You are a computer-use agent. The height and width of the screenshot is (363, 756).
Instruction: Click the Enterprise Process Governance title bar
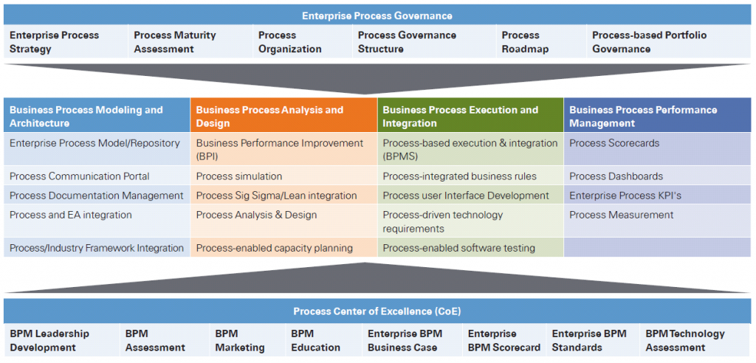(x=377, y=15)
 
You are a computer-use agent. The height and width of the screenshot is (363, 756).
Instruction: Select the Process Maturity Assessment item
(x=174, y=42)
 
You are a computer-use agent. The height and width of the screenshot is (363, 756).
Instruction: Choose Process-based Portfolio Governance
(x=649, y=42)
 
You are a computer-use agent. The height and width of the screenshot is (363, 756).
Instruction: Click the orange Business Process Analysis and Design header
(x=283, y=117)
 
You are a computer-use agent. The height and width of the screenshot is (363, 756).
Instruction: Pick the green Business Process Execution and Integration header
(x=470, y=117)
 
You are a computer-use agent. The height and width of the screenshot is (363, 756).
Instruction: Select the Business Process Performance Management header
(x=657, y=117)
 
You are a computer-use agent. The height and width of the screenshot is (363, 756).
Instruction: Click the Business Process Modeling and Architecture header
(x=97, y=117)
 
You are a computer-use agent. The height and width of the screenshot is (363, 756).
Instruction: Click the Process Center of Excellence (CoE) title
(x=377, y=311)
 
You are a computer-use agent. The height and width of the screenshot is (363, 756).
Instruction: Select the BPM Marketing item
(x=239, y=340)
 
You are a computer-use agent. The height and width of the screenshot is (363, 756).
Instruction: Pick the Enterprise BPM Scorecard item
(x=504, y=340)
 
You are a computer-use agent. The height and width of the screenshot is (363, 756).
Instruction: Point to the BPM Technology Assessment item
(x=685, y=340)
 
